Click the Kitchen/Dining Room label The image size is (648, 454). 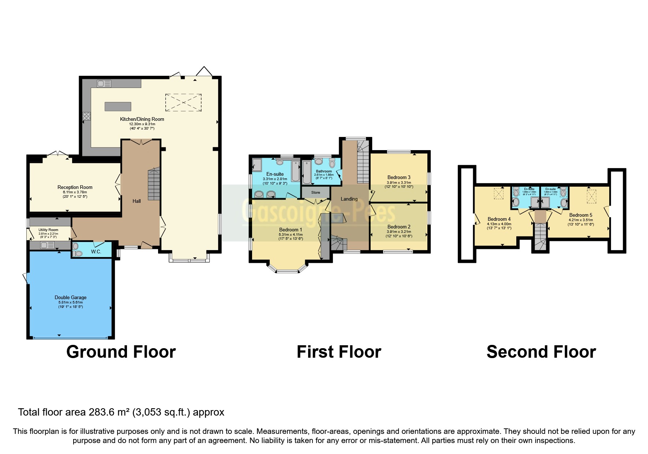pos(142,119)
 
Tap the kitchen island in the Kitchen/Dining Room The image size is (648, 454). pos(118,106)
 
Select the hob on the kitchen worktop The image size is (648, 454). pos(87,116)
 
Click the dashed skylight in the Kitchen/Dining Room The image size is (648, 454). pos(183,102)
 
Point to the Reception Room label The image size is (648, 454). pos(75,187)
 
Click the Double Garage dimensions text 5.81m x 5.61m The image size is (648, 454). pos(71,302)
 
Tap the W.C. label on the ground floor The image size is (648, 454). pos(96,252)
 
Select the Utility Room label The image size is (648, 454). pos(48,230)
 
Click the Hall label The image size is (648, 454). pos(136,201)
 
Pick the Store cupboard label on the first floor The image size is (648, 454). pos(315,192)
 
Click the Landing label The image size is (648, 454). pos(349,199)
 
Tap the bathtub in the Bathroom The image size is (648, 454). pos(307,171)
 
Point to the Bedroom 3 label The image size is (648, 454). pos(399,177)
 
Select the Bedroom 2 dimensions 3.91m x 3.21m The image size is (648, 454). pos(399,232)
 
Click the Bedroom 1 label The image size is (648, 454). pos(291,230)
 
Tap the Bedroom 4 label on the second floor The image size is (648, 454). pos(499,219)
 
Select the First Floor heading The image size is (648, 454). pos(339,352)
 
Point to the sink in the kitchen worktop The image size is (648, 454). pos(104,83)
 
